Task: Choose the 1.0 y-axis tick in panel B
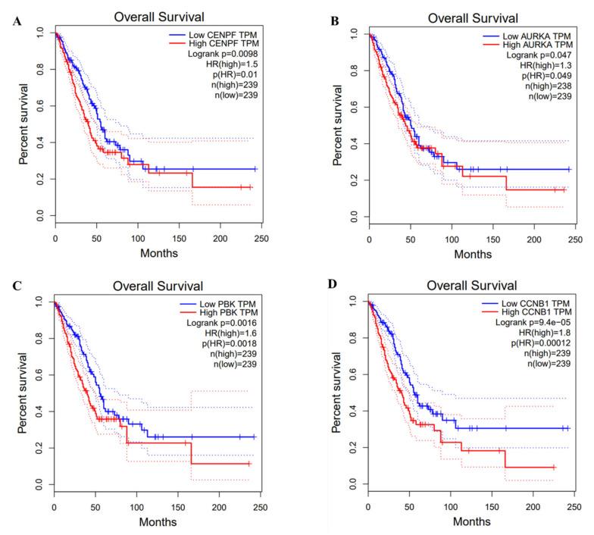[x=352, y=33]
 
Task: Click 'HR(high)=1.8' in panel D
[x=535, y=335]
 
